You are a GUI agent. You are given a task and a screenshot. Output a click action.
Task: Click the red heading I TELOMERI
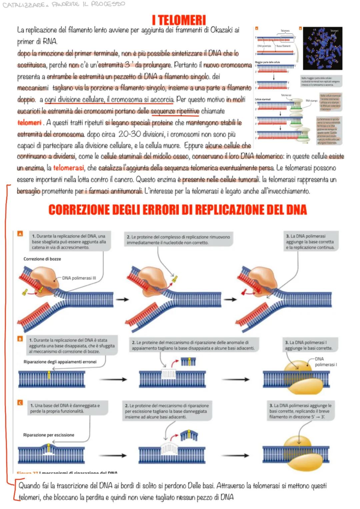tap(179, 20)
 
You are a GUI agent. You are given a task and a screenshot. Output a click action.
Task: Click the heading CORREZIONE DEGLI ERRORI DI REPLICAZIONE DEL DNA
tap(177, 210)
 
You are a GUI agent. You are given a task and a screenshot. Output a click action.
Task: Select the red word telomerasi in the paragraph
tap(68, 168)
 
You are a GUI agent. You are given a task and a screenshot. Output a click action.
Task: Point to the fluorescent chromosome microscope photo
tap(322, 49)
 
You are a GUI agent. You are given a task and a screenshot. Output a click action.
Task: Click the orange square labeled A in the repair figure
tap(20, 234)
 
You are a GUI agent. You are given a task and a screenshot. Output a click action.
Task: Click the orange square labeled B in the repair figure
tap(20, 339)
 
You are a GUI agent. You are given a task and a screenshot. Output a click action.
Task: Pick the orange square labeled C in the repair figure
tap(20, 403)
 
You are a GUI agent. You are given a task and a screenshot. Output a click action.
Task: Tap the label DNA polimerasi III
tap(79, 278)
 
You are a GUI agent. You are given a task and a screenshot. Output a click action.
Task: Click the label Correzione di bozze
tap(42, 259)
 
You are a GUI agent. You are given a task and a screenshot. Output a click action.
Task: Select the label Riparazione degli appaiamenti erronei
tap(60, 362)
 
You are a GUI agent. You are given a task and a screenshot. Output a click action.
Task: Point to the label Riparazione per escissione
tap(49, 435)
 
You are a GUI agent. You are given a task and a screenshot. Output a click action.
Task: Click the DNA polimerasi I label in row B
tap(325, 362)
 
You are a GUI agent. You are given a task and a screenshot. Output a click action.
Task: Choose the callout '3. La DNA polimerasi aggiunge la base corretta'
tap(310, 242)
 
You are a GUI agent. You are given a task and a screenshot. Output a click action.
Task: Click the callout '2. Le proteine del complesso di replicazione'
tap(178, 240)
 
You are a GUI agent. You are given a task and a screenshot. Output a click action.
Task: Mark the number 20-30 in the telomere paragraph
tap(129, 134)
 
